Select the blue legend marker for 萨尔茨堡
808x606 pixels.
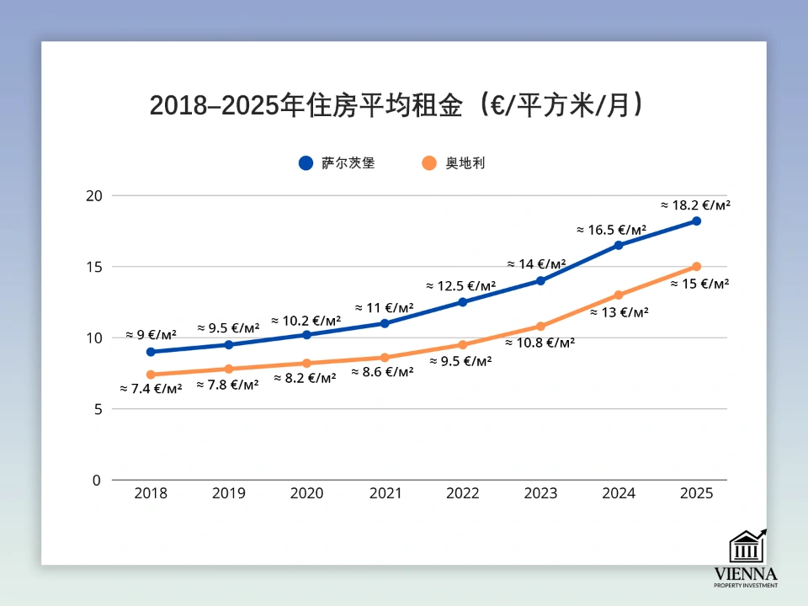point(306,163)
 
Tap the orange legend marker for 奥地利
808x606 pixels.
point(429,163)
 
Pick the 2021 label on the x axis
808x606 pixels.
point(385,493)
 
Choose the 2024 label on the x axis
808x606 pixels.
point(619,493)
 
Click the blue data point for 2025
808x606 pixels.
point(696,221)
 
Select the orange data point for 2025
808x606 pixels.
point(696,267)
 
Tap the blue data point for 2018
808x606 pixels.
point(151,352)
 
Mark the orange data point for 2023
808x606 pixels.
point(540,327)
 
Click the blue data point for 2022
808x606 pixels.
point(463,302)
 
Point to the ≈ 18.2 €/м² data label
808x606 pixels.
point(694,205)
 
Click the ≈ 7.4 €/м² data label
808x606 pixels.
point(151,389)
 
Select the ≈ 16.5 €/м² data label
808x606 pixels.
point(611,229)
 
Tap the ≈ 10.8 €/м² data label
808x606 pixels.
point(540,343)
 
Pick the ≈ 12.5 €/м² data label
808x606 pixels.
point(460,286)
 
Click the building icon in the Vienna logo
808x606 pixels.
point(746,545)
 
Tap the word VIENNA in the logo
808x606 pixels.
point(746,574)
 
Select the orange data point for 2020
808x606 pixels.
point(306,364)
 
